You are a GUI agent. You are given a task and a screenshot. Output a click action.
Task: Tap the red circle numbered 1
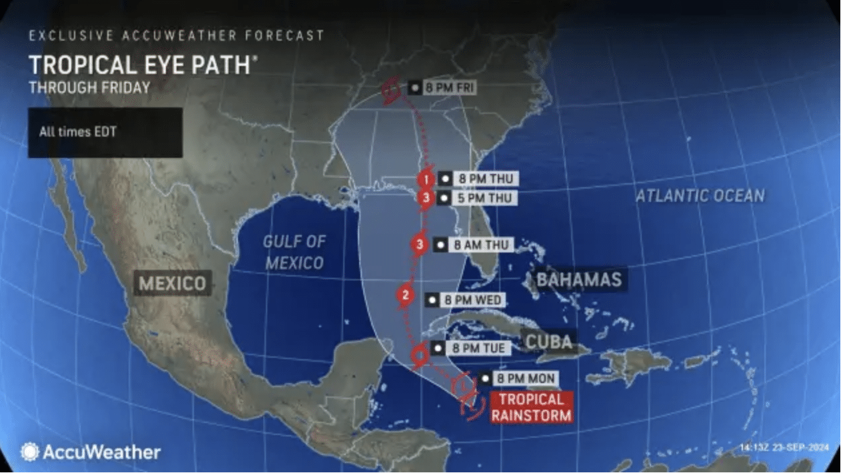click(426, 179)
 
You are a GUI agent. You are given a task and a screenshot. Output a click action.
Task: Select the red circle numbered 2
click(405, 294)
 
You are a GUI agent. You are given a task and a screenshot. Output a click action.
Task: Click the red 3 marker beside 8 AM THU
click(420, 244)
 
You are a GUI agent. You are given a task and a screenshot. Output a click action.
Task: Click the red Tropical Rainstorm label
click(531, 407)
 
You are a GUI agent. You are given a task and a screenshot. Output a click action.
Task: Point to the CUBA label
click(549, 342)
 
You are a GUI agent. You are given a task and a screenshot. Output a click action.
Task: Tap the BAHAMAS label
click(578, 280)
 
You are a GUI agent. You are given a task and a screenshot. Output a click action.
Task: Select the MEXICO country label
click(173, 284)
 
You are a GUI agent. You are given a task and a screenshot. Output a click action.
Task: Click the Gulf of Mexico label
click(294, 252)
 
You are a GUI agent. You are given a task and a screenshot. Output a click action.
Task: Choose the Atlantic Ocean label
click(699, 195)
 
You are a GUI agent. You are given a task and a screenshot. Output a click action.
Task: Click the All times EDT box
click(105, 133)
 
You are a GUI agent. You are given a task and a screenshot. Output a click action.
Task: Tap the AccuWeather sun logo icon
click(30, 452)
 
